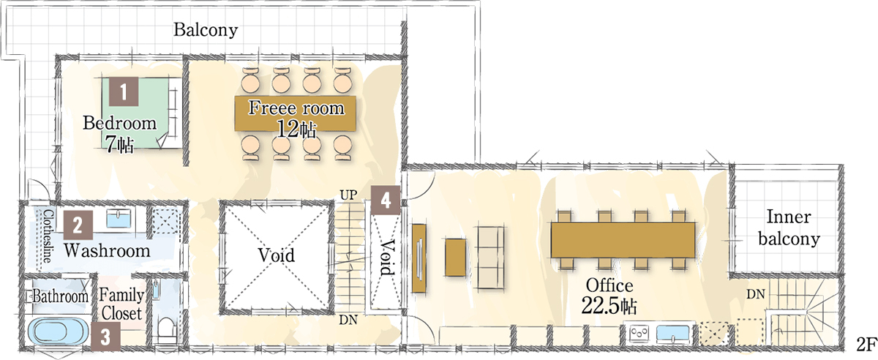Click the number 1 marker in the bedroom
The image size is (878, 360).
pos(124,91)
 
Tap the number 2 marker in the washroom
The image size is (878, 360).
pos(78,225)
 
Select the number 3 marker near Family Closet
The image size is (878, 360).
pos(105,337)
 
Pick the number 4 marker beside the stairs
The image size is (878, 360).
pos(386,200)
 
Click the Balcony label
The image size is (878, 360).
pos(206,30)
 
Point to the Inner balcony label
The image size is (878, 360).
pos(789,228)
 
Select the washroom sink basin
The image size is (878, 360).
pos(119,218)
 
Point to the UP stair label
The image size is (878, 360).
pos(348,195)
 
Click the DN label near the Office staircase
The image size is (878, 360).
pos(755,294)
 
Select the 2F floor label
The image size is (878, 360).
pos(866,345)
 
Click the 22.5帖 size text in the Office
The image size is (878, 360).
pos(609,307)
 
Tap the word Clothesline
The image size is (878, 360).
pos(48,236)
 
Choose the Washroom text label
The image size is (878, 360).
pos(108,251)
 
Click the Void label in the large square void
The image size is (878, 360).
pos(277,255)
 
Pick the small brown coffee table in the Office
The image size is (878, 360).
pos(455,258)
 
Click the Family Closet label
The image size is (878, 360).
pos(121,304)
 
